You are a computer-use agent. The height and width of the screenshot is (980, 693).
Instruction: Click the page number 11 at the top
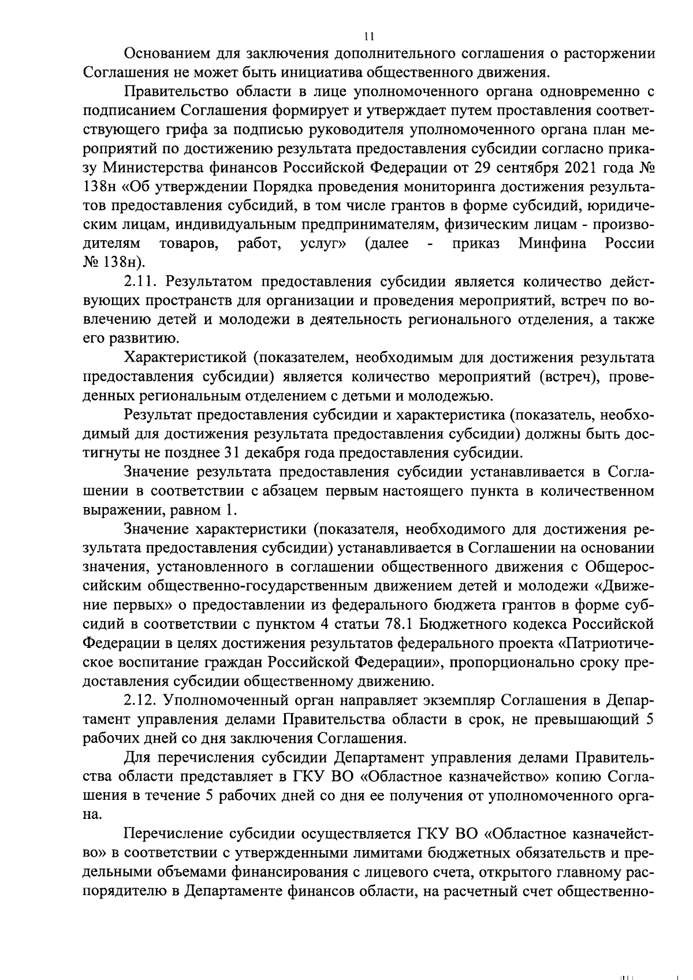tap(370, 36)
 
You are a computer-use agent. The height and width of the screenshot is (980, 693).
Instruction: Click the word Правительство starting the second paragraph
tap(180, 91)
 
